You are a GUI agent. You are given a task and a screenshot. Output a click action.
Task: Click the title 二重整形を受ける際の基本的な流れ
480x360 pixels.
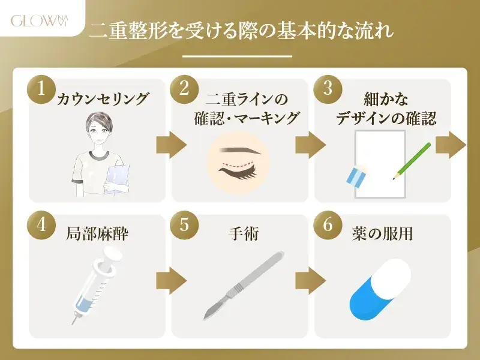click(241, 31)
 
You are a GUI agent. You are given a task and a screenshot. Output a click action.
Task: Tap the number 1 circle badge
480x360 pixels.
click(41, 89)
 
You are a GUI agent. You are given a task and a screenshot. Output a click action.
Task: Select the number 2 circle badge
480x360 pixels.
click(184, 89)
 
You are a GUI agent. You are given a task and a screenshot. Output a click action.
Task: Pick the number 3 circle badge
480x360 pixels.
click(327, 89)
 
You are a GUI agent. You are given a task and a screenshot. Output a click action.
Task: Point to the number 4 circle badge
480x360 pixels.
click(41, 226)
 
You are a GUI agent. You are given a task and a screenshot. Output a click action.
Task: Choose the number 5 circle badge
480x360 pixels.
click(184, 226)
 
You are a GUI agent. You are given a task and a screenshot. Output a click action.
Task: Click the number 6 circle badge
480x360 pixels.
click(327, 226)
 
